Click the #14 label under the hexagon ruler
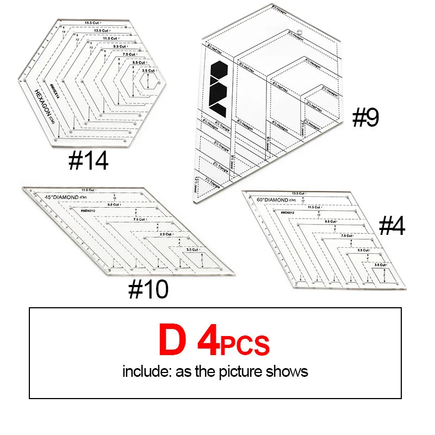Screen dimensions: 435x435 [88, 160]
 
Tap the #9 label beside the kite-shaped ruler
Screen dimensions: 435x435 [365, 117]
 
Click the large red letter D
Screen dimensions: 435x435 [172, 339]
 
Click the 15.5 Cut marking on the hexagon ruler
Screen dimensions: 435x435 [94, 22]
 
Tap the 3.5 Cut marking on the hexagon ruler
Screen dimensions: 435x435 [148, 71]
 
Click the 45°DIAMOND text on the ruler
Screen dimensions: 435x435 [59, 196]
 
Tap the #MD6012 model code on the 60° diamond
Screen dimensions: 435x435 [289, 212]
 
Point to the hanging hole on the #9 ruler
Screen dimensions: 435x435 [299, 32]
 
